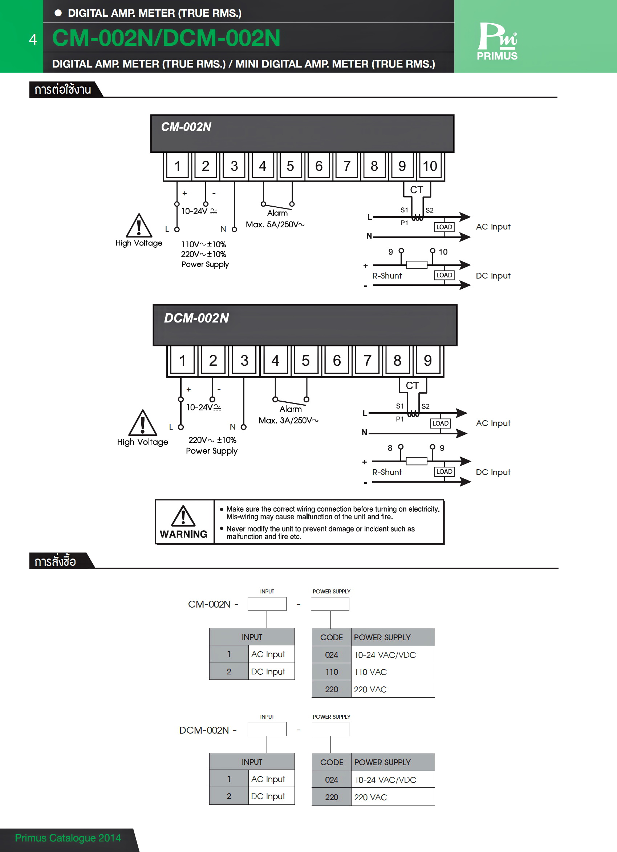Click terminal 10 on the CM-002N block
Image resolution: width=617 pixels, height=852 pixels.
click(x=430, y=166)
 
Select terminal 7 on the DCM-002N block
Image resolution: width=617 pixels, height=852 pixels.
click(x=367, y=361)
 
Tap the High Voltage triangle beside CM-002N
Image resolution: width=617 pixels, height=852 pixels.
click(x=139, y=226)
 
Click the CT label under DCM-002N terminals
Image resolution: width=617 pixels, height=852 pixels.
click(x=412, y=385)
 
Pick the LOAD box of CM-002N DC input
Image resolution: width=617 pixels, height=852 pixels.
click(x=444, y=275)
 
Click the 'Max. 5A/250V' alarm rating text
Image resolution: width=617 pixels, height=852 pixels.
click(x=275, y=225)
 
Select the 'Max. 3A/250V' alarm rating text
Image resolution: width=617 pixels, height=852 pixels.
click(x=288, y=420)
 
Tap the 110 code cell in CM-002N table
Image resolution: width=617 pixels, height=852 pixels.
click(x=332, y=672)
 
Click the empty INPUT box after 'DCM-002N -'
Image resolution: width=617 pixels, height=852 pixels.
click(x=267, y=729)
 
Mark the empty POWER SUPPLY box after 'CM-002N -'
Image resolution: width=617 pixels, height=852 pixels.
click(x=330, y=604)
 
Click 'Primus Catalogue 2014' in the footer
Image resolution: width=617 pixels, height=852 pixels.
click(x=68, y=838)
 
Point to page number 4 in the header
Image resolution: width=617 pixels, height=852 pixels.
click(x=33, y=40)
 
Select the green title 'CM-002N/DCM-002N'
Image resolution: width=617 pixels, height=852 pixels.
click(x=166, y=38)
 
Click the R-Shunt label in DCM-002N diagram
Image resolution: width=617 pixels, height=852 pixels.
click(x=387, y=472)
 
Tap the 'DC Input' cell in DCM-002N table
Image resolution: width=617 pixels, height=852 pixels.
click(x=268, y=796)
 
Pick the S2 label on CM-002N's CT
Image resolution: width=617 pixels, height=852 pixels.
click(x=429, y=210)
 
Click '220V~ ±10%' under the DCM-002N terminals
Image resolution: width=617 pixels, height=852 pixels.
click(x=212, y=440)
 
